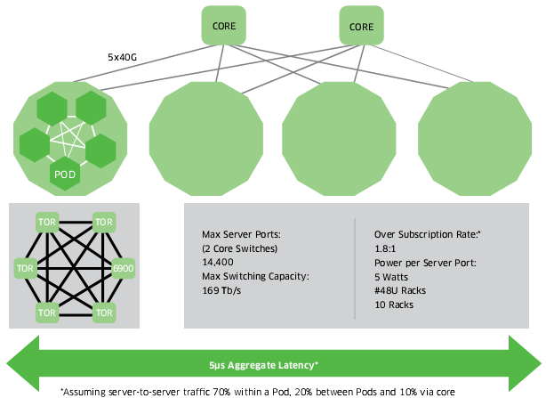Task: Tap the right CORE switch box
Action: tap(361, 27)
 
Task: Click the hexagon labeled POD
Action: tap(64, 173)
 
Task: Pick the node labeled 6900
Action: tap(124, 266)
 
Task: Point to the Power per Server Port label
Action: tap(424, 264)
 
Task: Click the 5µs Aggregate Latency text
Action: tap(272, 364)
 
